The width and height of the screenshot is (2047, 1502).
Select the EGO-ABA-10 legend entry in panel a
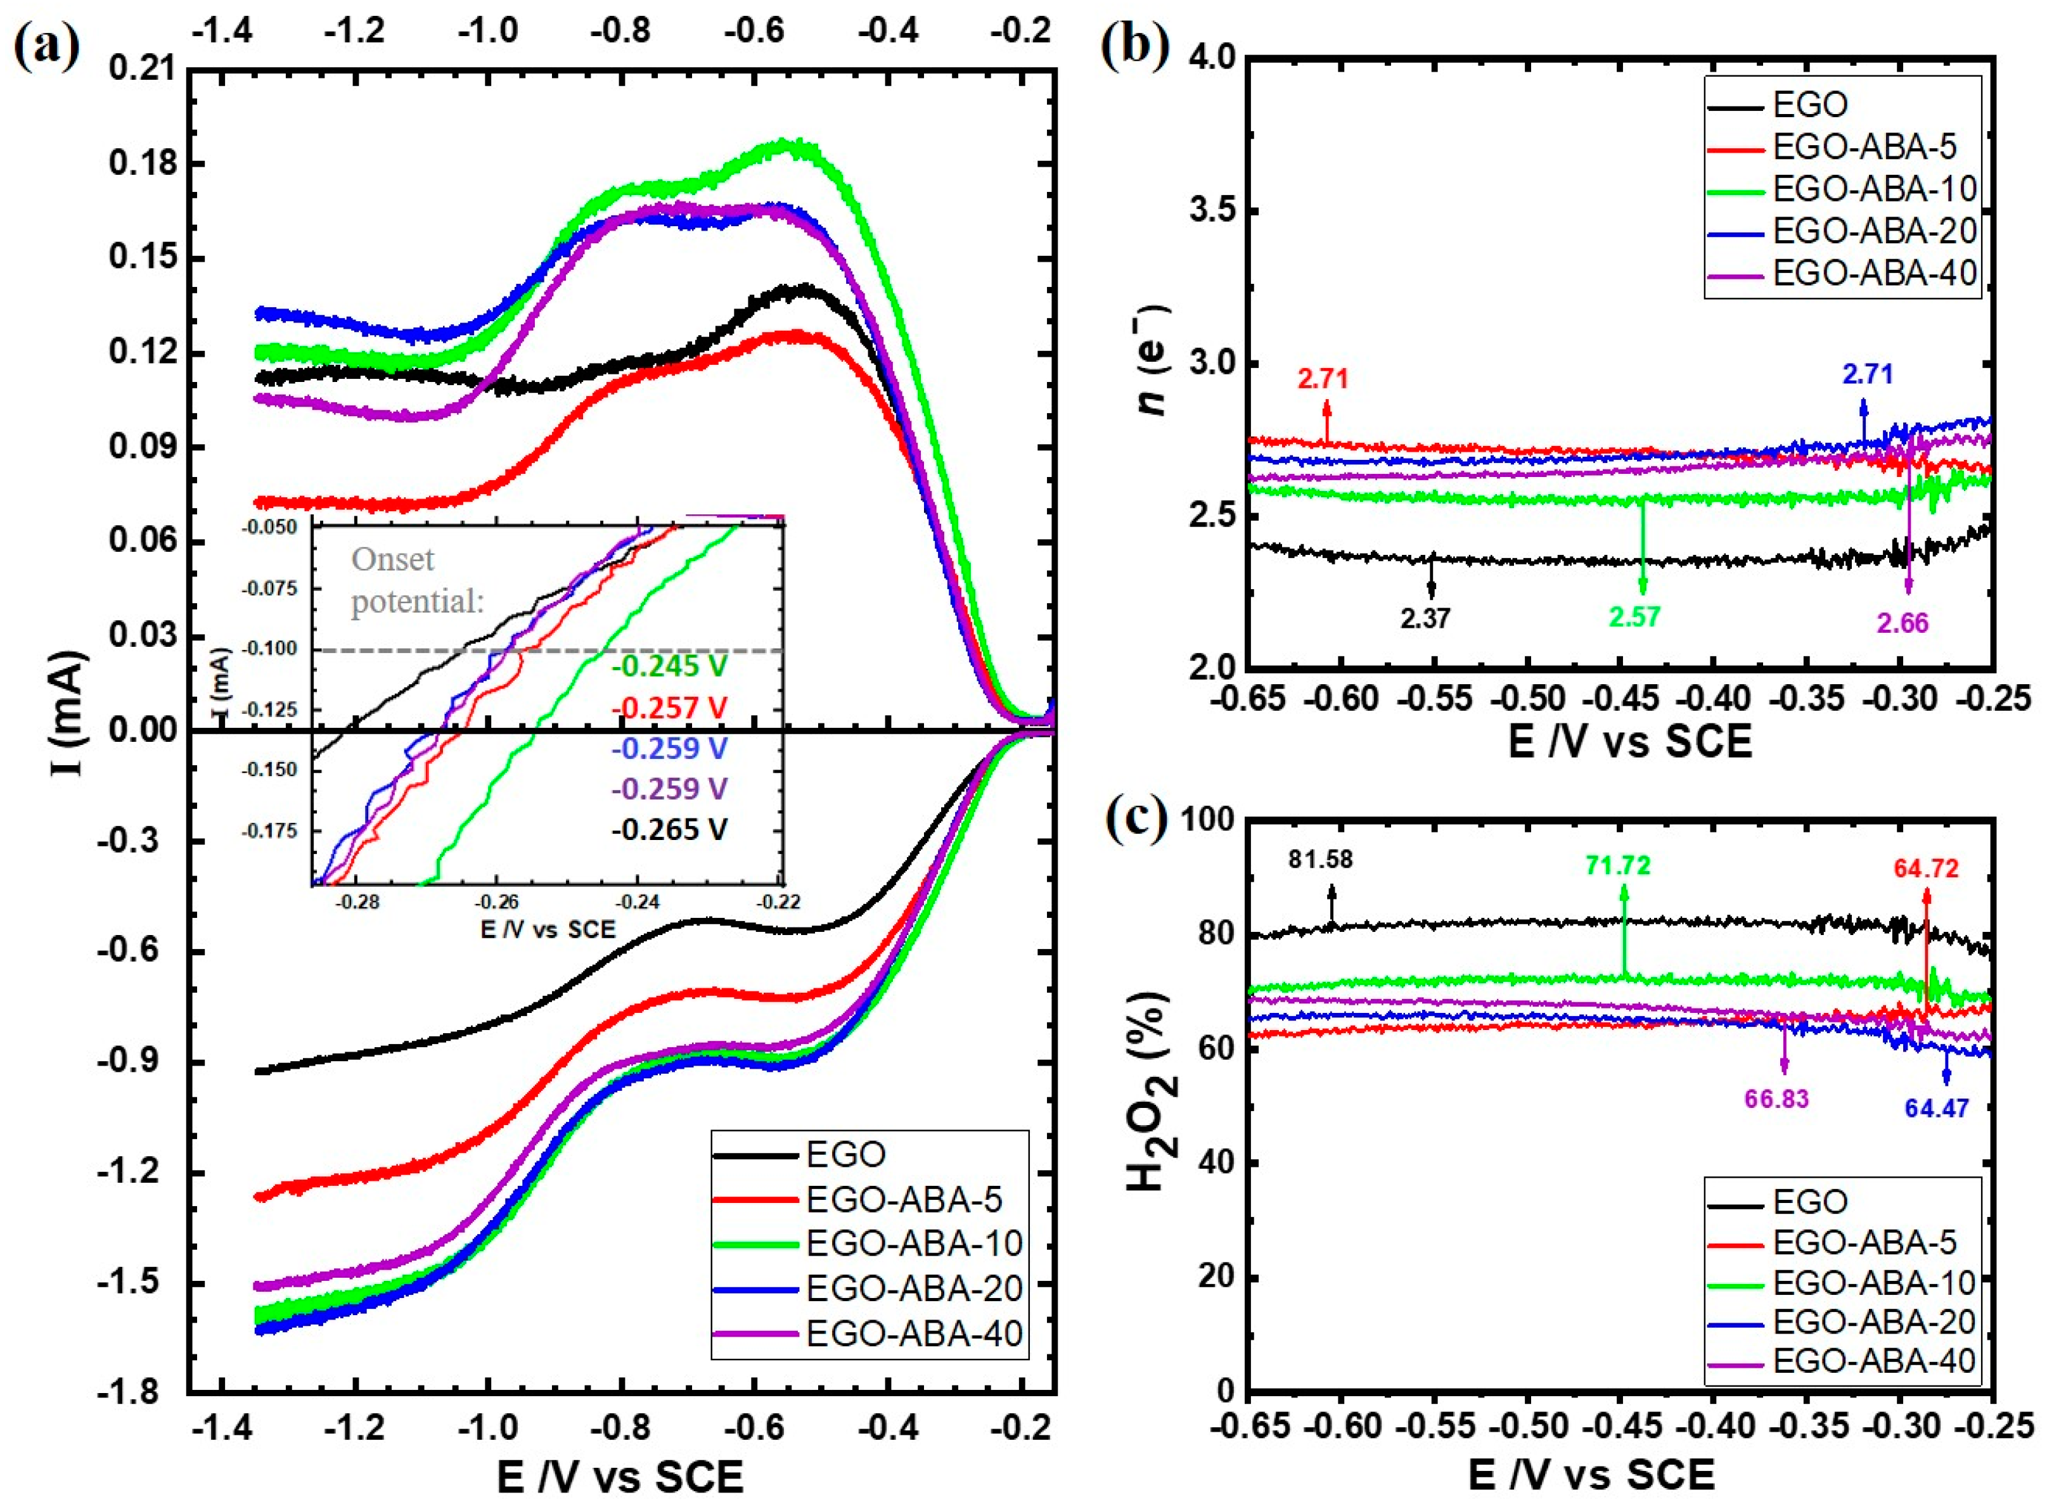914,1243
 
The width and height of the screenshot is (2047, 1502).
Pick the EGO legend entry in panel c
1809,1202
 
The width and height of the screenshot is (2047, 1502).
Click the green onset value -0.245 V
669,666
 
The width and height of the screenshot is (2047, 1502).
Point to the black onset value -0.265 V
669,829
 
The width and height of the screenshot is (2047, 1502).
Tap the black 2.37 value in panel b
1425,618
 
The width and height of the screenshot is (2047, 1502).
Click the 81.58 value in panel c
1321,859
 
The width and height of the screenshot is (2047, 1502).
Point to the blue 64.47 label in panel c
1937,1109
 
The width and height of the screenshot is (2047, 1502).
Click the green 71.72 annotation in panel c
1618,865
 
